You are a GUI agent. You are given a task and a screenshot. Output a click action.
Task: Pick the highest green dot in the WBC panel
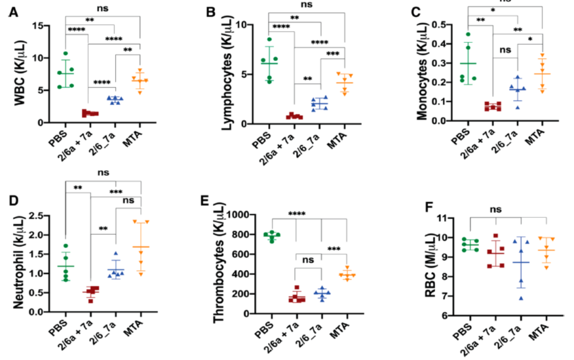point(66,54)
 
